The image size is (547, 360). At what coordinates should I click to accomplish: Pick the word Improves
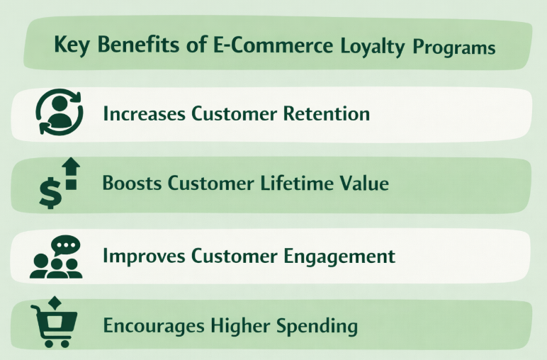click(x=142, y=255)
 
